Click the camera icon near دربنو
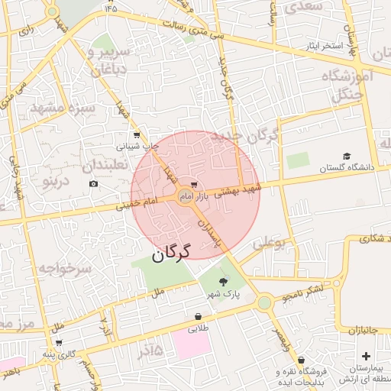[x=93, y=184]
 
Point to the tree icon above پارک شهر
[x=223, y=282]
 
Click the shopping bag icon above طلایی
[x=199, y=316]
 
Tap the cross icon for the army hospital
[x=367, y=356]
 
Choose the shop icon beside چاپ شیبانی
[x=136, y=134]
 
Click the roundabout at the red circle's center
[x=186, y=195]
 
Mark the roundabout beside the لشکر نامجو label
[x=264, y=303]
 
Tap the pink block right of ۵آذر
[x=191, y=344]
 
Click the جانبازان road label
[x=370, y=331]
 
